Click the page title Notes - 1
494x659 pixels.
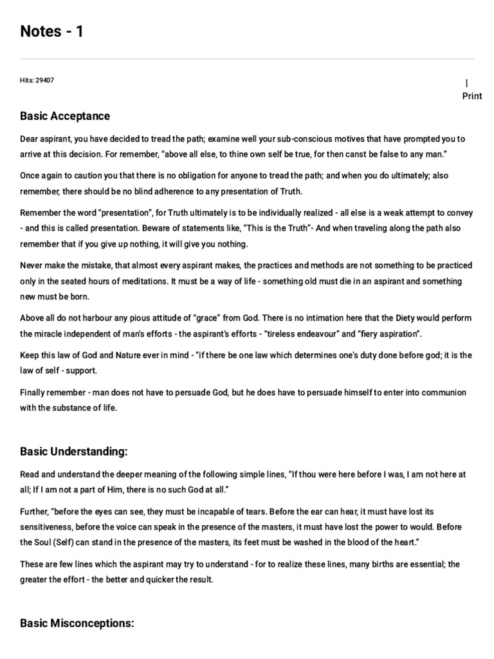pos(51,31)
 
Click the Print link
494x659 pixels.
pos(471,96)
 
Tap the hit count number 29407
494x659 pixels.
pos(44,80)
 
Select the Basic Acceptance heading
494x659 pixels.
pos(65,116)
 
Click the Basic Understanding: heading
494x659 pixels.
pos(74,451)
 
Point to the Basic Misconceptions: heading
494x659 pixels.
pos(77,623)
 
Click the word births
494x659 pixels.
pos(360,564)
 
